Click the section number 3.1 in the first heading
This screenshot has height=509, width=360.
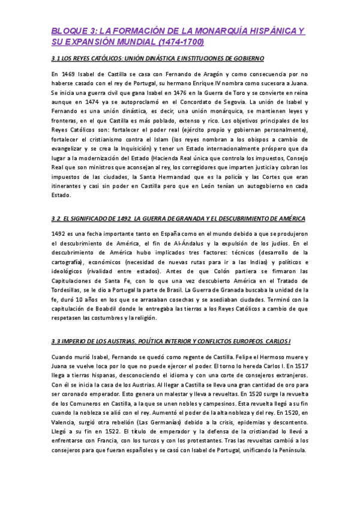pos(58,58)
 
